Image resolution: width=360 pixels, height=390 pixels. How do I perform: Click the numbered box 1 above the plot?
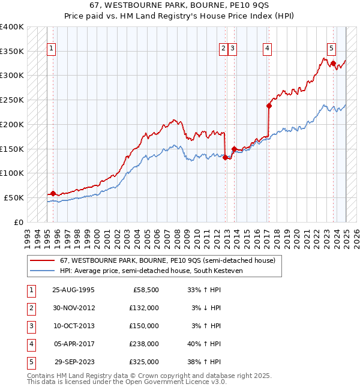pos(52,49)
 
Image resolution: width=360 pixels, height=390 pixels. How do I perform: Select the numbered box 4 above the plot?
pos(266,49)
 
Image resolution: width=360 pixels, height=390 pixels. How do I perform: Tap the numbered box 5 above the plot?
pos(331,49)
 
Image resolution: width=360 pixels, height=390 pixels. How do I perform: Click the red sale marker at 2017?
pos(269,106)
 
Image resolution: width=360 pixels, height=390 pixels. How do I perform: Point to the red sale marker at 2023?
pos(333,63)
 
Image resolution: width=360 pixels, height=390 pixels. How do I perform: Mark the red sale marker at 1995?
pos(53,193)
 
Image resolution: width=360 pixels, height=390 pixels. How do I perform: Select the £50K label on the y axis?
pos(14,197)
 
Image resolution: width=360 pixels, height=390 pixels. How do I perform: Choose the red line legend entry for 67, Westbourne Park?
pos(167,260)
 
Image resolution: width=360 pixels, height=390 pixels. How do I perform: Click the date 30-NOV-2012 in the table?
pos(74,308)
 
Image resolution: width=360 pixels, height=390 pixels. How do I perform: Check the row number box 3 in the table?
pos(31,326)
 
